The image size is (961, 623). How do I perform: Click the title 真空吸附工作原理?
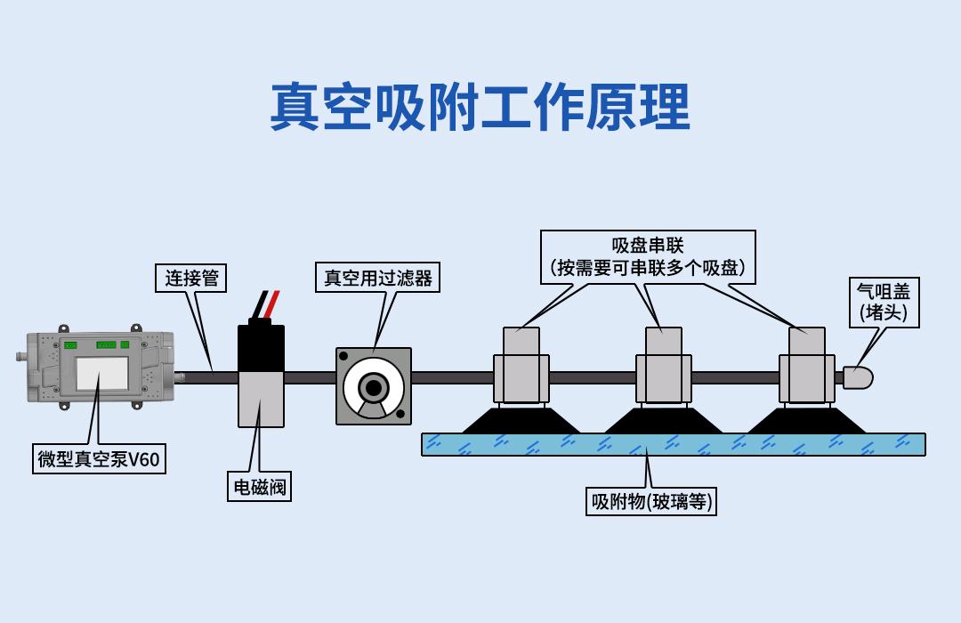[x=480, y=108]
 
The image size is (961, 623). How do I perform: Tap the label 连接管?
[x=191, y=279]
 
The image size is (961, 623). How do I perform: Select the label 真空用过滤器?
[x=377, y=278]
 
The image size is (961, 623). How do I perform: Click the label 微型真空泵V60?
[x=99, y=458]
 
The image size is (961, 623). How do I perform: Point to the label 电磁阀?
[x=259, y=487]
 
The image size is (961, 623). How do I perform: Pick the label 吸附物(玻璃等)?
[x=650, y=502]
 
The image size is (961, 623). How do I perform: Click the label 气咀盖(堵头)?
[x=884, y=303]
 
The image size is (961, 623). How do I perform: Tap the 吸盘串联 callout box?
[x=648, y=257]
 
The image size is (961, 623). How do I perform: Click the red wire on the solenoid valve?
[x=272, y=304]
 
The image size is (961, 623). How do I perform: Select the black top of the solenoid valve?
[x=261, y=347]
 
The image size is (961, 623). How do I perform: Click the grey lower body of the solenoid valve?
[x=261, y=400]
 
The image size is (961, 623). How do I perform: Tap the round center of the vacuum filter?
[x=373, y=387]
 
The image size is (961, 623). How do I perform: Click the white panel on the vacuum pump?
[x=101, y=374]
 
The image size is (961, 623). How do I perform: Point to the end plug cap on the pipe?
[x=858, y=377]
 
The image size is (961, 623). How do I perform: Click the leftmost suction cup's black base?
[x=521, y=421]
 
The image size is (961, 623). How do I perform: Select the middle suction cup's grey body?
[x=664, y=366]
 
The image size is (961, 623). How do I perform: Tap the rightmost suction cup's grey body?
[x=806, y=366]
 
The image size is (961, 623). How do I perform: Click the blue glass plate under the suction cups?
[x=674, y=445]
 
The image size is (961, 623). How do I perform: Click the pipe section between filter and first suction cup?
[x=452, y=377]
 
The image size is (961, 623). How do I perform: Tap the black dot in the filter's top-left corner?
[x=343, y=356]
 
